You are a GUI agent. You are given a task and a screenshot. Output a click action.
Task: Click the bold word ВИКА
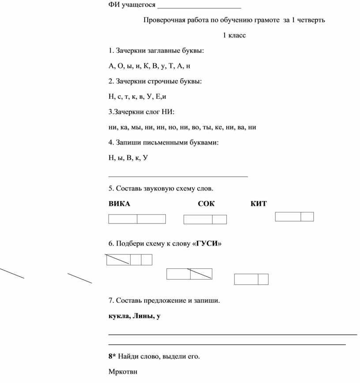(x=119, y=204)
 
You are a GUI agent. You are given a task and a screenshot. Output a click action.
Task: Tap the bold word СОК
(x=206, y=204)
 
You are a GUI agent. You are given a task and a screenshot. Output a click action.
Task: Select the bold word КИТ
(x=259, y=204)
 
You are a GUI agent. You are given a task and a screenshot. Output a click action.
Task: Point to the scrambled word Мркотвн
(x=123, y=372)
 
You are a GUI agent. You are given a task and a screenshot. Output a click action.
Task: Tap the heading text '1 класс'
(x=234, y=35)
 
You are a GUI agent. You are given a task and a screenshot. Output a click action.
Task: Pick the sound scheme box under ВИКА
(x=137, y=219)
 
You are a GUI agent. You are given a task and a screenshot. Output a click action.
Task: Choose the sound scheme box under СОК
(x=205, y=219)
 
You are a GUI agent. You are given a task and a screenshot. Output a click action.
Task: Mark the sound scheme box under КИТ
(x=294, y=216)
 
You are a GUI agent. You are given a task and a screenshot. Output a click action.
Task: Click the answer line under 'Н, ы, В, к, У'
(x=178, y=176)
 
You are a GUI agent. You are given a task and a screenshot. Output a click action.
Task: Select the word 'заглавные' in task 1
(x=170, y=51)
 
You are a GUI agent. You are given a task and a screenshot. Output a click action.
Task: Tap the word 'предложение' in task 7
(x=165, y=301)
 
